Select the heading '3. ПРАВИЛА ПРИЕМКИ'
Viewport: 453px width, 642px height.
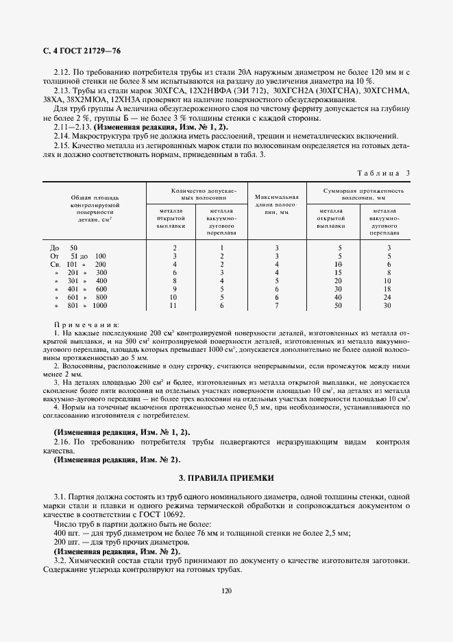point(226,476)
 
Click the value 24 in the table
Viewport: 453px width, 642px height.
point(388,298)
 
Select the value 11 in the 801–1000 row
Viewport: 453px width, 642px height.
point(175,306)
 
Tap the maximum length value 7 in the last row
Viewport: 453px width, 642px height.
point(276,306)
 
